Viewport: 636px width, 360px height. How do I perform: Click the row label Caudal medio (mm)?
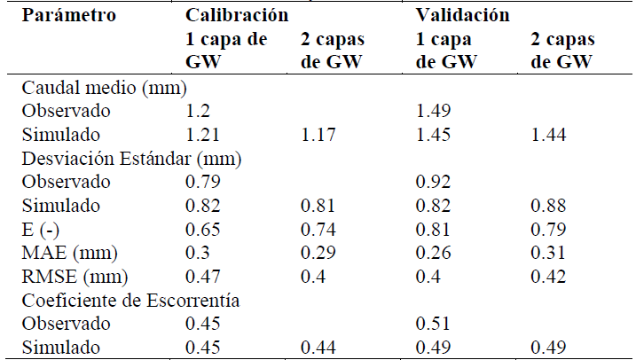coord(104,89)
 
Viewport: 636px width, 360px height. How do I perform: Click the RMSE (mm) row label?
coord(67,275)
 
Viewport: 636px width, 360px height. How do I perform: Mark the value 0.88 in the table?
coord(546,205)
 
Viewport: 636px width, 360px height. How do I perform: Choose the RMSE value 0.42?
coord(546,275)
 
